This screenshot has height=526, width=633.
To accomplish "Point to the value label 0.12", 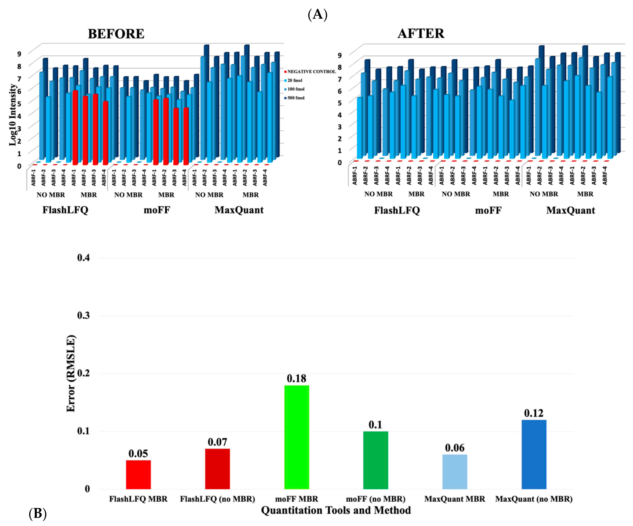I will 534,413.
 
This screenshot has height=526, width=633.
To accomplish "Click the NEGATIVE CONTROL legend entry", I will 310,71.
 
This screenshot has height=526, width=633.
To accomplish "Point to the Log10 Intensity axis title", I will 13,114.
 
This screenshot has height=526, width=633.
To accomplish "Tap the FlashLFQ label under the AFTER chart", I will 397,210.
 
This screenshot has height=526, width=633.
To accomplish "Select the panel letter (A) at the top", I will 317,14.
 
